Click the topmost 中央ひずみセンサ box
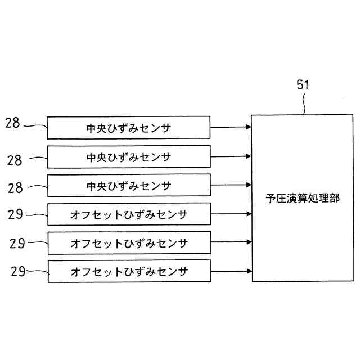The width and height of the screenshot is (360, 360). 129,128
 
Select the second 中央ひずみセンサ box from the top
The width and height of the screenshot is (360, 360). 129,156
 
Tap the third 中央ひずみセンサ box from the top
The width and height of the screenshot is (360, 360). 129,185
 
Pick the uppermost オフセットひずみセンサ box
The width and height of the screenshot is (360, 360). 129,214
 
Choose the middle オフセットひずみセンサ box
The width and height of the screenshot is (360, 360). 129,243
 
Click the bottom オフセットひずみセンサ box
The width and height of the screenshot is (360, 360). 129,272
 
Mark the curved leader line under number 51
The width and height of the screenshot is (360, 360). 304,103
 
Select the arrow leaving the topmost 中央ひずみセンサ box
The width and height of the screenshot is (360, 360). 231,128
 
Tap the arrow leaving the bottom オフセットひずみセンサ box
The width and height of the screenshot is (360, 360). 231,272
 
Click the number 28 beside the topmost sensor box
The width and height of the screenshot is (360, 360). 13,123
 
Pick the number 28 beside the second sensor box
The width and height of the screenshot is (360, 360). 15,160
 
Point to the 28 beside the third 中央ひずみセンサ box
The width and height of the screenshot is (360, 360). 15,187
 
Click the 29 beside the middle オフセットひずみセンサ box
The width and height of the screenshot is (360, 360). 17,243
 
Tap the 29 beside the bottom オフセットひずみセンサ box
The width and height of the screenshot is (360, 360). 17,271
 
